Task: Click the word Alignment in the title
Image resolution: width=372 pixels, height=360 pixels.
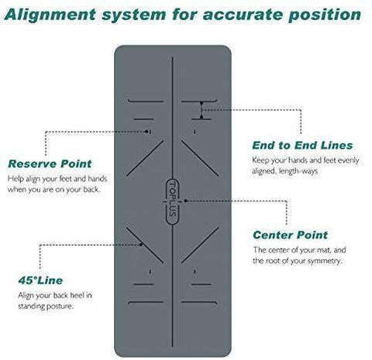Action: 50,15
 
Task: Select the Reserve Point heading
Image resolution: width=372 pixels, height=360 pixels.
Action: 50,164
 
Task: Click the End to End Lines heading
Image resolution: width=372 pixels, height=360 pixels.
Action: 302,146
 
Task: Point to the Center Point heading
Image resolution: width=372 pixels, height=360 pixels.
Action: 291,235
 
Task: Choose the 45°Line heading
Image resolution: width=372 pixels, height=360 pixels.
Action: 40,280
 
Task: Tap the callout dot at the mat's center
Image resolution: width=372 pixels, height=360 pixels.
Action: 185,201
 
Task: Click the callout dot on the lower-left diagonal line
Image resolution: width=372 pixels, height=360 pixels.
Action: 141,245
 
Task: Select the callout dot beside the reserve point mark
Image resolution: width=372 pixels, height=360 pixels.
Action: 146,132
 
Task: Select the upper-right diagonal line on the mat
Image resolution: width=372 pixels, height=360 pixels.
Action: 200,158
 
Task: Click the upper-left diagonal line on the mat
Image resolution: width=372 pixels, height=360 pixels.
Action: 145,158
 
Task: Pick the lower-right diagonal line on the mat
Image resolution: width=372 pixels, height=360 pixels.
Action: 200,245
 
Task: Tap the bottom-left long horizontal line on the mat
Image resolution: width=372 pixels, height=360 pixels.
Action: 146,302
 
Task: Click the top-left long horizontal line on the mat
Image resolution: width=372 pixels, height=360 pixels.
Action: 146,101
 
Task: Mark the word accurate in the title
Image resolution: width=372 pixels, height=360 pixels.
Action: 243,15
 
